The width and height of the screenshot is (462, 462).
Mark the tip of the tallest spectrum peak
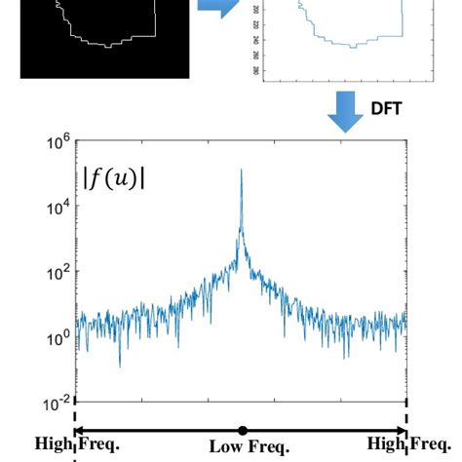point(241,171)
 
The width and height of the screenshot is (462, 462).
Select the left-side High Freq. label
point(77,444)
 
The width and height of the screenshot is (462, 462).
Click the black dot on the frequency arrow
point(242,430)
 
